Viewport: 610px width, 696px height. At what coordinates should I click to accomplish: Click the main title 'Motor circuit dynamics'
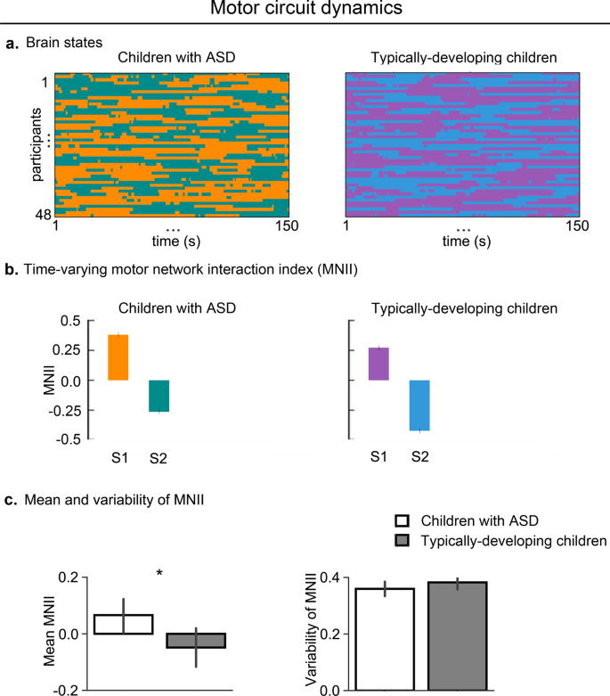(305, 10)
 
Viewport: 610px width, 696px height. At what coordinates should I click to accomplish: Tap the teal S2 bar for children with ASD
(159, 396)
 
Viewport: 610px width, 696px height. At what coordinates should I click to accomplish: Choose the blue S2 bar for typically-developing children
(419, 405)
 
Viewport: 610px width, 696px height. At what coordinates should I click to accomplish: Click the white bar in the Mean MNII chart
(124, 624)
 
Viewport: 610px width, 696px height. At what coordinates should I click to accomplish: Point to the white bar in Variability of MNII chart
(385, 639)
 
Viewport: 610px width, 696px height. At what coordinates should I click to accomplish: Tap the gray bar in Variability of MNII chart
(457, 636)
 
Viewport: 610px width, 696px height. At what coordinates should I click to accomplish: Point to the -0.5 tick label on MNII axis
(67, 439)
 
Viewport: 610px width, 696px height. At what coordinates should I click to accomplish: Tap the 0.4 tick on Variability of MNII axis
(329, 577)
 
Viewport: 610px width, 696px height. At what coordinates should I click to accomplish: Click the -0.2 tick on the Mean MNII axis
(66, 690)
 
